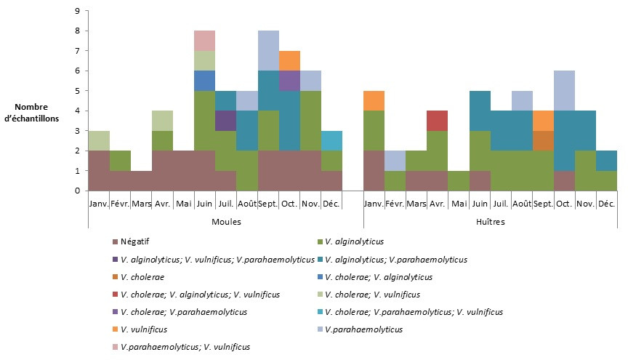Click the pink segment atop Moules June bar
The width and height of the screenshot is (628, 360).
coord(204,41)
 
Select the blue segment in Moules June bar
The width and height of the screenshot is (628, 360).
coord(204,81)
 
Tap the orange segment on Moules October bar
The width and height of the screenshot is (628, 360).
coord(289,60)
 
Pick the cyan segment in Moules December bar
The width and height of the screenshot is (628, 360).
coord(331,140)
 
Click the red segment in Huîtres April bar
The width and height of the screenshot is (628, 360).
coord(438,121)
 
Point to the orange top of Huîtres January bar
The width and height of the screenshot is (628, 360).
coord(374,100)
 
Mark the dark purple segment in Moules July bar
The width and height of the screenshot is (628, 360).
coord(225,121)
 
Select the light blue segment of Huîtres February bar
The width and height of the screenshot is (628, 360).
coord(395,161)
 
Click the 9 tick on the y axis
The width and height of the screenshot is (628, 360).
coord(77,12)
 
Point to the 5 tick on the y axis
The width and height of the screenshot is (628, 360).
coord(77,91)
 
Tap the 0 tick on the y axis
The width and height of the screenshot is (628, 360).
coord(77,191)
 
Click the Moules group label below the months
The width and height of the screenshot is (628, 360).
coord(225,221)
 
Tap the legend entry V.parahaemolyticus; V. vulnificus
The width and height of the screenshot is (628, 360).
coord(185,347)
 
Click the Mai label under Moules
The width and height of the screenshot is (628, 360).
coord(183,204)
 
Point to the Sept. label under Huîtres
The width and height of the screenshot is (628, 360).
coord(543,204)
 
